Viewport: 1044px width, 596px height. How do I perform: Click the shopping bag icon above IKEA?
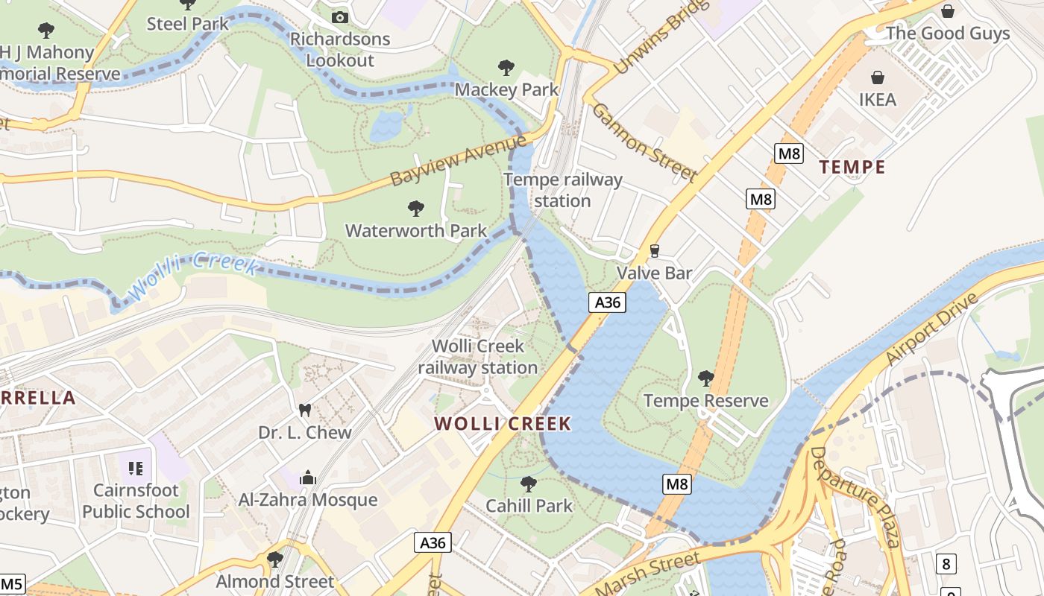pyautogui.click(x=878, y=77)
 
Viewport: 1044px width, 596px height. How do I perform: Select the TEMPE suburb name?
pyautogui.click(x=852, y=167)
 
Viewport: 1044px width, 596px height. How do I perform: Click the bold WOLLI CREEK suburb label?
pyautogui.click(x=503, y=424)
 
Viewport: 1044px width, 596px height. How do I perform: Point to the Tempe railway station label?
pyautogui.click(x=563, y=190)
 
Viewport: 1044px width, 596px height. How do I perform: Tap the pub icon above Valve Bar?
pyautogui.click(x=655, y=250)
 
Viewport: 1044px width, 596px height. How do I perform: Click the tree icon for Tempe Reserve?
pyautogui.click(x=705, y=378)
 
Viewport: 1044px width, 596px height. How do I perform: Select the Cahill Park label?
pyautogui.click(x=529, y=506)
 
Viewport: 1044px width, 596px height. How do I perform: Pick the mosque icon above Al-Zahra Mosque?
pyautogui.click(x=307, y=477)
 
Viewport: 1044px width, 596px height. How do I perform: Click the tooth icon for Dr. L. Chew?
pyautogui.click(x=304, y=410)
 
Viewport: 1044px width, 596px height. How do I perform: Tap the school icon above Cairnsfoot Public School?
pyautogui.click(x=135, y=468)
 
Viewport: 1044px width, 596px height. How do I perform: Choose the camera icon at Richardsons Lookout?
pyautogui.click(x=340, y=17)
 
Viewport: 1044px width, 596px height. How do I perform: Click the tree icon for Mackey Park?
pyautogui.click(x=506, y=68)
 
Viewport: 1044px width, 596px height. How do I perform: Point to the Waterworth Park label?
pyautogui.click(x=416, y=230)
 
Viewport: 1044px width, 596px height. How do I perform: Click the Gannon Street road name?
pyautogui.click(x=644, y=142)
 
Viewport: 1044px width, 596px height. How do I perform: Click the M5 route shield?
pyautogui.click(x=13, y=583)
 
